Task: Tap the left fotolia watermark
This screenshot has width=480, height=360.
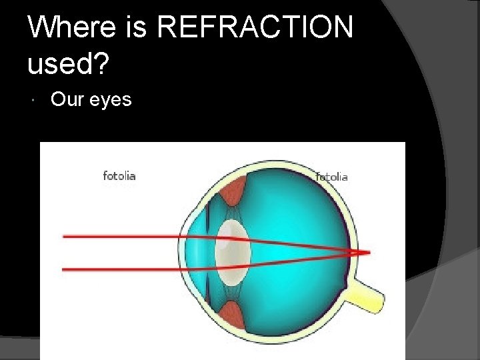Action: (x=119, y=176)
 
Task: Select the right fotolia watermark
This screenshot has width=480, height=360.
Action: (x=331, y=177)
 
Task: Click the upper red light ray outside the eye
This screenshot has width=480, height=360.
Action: (x=120, y=236)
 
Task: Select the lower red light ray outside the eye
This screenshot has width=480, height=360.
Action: (x=120, y=269)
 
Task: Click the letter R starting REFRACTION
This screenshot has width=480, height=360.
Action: (x=172, y=28)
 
